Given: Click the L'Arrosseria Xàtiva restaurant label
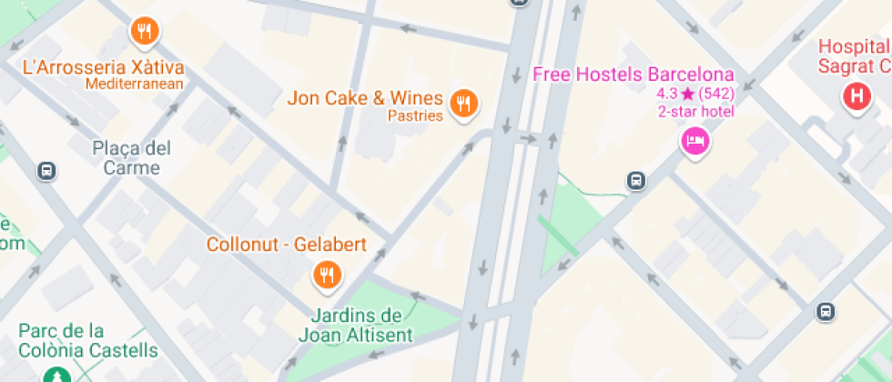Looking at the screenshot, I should [x=103, y=67].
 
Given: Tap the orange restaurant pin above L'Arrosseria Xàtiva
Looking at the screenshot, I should [x=144, y=33].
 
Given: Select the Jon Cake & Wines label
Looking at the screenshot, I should [x=365, y=98].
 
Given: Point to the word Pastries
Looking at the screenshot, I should [x=415, y=116].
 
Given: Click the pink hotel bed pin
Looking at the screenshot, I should [x=695, y=141].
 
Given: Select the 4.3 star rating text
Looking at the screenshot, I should [x=695, y=94].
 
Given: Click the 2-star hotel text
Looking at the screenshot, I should [x=695, y=112].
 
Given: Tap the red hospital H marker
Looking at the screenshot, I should [x=856, y=96].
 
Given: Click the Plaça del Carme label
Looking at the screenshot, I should [x=132, y=157].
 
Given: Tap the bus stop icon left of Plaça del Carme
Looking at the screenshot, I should [x=46, y=170].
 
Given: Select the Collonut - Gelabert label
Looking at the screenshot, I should [x=286, y=245].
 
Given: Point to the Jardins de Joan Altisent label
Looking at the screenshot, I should [x=356, y=325].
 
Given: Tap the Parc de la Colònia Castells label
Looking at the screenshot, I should [x=87, y=340].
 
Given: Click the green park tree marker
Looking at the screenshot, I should [x=56, y=375].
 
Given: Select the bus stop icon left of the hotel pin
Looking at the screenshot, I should [x=636, y=181].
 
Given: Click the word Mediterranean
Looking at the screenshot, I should [x=135, y=85].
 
